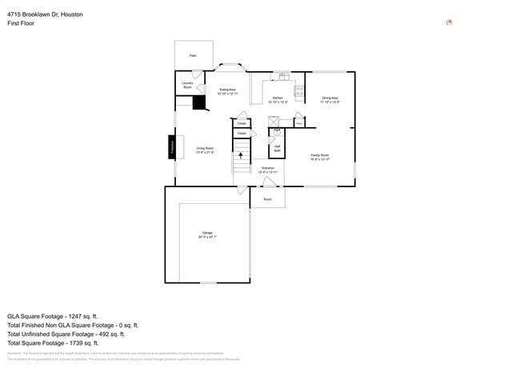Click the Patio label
click(193, 55)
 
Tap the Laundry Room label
click(187, 84)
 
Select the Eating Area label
click(227, 91)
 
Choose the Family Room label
click(320, 157)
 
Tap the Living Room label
click(205, 150)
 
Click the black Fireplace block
click(171, 147)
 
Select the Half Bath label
click(277, 148)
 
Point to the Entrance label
click(267, 170)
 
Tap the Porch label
click(267, 199)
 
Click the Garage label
click(207, 235)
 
